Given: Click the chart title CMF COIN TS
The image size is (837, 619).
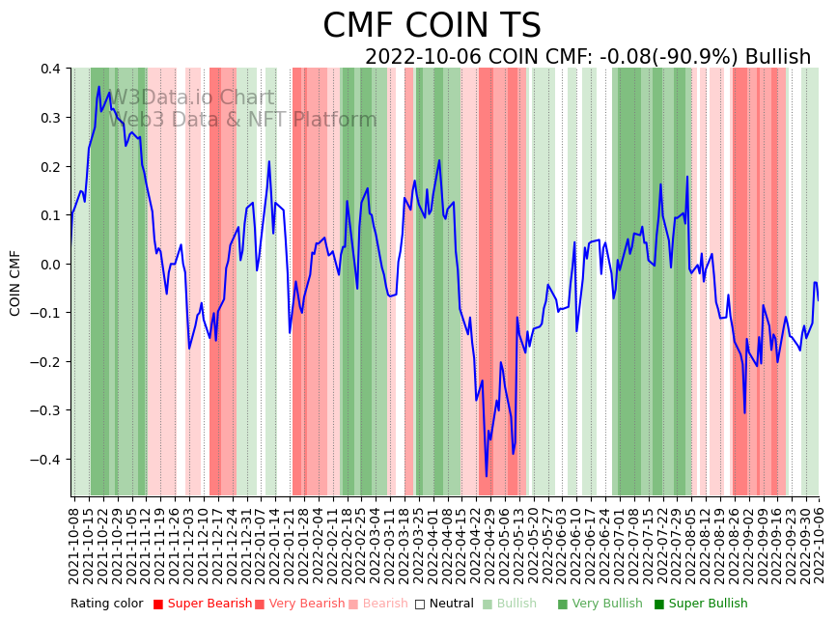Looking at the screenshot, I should click(432, 26).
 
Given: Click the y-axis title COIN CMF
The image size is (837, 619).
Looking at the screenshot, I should click(15, 283).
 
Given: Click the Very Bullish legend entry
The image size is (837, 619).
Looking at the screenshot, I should click(600, 604).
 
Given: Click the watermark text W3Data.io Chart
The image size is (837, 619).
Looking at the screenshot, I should click(191, 98).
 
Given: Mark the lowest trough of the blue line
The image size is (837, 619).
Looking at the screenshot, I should click(487, 475).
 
